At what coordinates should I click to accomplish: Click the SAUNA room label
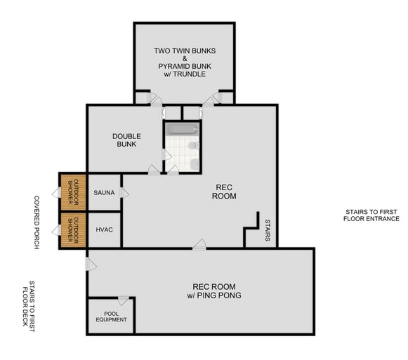pyautogui.click(x=104, y=192)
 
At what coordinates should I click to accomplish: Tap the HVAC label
pyautogui.click(x=104, y=229)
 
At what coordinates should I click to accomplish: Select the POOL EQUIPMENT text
pyautogui.click(x=111, y=316)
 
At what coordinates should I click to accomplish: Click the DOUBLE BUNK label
pyautogui.click(x=126, y=140)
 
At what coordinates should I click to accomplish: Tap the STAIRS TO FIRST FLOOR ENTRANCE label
pyautogui.click(x=371, y=215)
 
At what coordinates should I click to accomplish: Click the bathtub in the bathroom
pyautogui.click(x=182, y=129)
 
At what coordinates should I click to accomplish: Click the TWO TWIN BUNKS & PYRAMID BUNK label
pyautogui.click(x=185, y=62)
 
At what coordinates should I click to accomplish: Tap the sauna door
pyautogui.click(x=124, y=192)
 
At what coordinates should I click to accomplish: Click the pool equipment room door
pyautogui.click(x=124, y=301)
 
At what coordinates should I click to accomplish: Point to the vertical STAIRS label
pyautogui.click(x=267, y=229)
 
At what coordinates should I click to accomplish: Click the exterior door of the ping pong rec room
pyautogui.click(x=90, y=264)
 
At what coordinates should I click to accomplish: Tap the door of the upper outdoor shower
pyautogui.click(x=56, y=192)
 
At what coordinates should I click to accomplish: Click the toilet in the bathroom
pyautogui.click(x=195, y=164)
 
